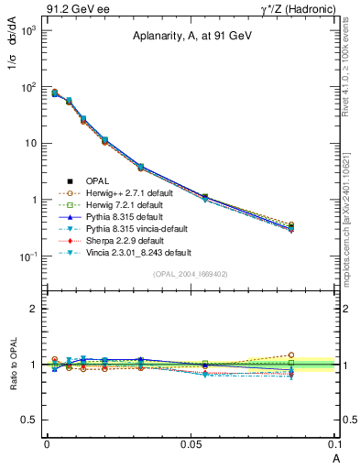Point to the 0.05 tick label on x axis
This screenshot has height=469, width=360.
pyautogui.click(x=191, y=442)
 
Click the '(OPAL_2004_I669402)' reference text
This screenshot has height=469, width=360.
pyautogui.click(x=191, y=273)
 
